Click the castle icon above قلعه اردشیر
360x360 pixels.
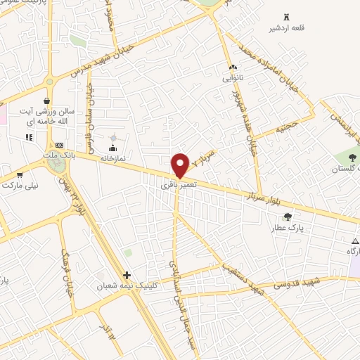tap(285, 17)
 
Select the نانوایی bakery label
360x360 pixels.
tap(233, 78)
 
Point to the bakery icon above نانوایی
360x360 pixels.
tap(233, 67)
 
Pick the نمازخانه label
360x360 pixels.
tap(112, 158)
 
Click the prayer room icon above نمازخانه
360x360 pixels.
tap(112, 147)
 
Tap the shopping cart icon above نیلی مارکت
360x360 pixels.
tap(19, 174)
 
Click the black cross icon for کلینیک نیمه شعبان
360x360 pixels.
tap(127, 275)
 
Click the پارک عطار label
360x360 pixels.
tap(286, 228)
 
